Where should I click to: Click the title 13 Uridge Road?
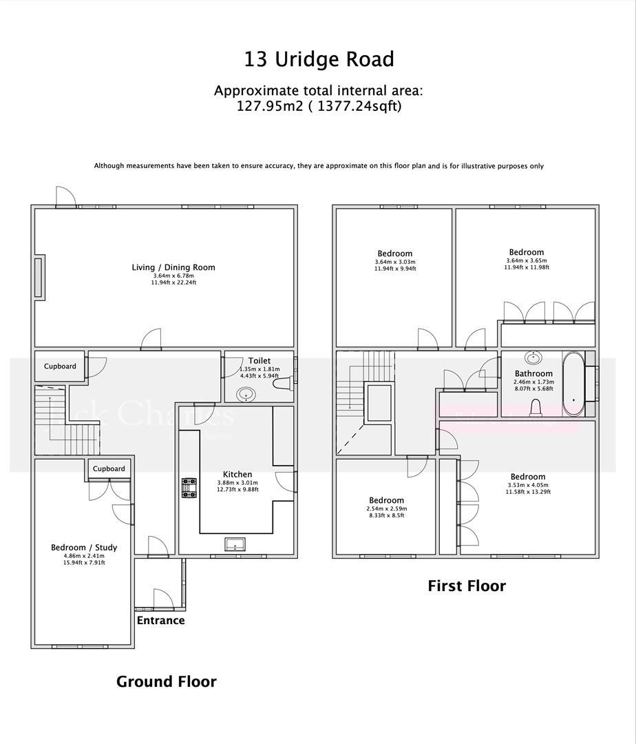[319, 59]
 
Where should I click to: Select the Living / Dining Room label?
[174, 267]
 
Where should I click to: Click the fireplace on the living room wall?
[40, 277]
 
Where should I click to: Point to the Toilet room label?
[259, 360]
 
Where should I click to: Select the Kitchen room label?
[237, 474]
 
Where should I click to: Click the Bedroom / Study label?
[84, 548]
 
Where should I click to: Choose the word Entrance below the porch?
[160, 620]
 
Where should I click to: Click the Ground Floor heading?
[166, 681]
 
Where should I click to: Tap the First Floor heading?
[467, 586]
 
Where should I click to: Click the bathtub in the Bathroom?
[573, 384]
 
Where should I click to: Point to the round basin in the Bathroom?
[532, 358]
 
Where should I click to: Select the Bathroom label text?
[533, 373]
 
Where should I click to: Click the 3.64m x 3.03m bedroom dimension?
[394, 262]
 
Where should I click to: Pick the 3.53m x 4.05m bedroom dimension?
[528, 484]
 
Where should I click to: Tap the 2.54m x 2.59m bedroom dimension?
[385, 508]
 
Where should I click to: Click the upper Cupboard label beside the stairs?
[60, 366]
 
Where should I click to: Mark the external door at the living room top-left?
[65, 198]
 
